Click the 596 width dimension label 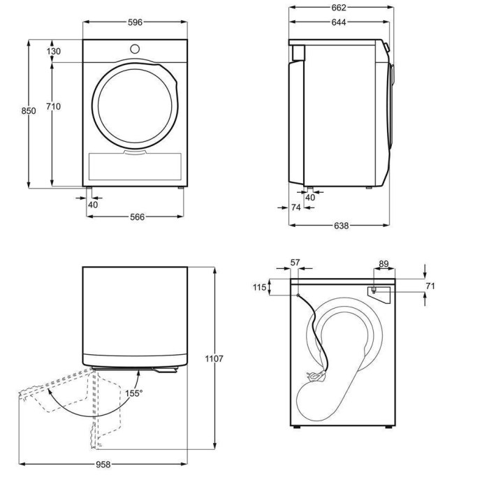click(x=135, y=22)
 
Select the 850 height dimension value click(x=28, y=111)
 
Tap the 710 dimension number click(x=54, y=106)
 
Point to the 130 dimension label click(x=54, y=51)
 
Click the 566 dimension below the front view click(x=136, y=217)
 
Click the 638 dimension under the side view click(x=340, y=226)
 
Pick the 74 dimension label click(x=295, y=207)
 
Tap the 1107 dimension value click(x=214, y=358)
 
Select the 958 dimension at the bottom click(x=103, y=464)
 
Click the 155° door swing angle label click(x=134, y=393)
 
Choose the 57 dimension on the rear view click(x=295, y=263)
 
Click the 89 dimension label click(x=384, y=263)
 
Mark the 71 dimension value click(x=430, y=286)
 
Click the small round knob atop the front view click(x=135, y=48)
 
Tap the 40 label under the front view click(x=93, y=204)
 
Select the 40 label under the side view click(x=311, y=198)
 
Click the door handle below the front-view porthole click(x=135, y=149)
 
